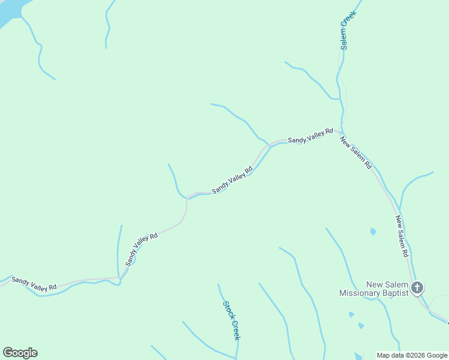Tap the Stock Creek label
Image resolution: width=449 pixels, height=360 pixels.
(232, 320)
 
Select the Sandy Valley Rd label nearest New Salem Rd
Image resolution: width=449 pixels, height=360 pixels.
(310, 136)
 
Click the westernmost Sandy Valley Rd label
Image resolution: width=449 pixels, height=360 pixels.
(34, 284)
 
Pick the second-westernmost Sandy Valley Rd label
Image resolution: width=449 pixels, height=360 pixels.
(141, 249)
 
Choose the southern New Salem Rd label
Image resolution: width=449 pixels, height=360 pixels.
(402, 237)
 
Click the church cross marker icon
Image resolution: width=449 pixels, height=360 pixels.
(418, 288)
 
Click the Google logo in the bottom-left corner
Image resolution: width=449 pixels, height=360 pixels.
(20, 353)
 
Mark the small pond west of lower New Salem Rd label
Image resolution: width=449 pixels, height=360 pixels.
(373, 232)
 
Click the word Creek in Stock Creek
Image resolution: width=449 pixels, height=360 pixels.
(235, 328)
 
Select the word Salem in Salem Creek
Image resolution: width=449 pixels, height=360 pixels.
(345, 40)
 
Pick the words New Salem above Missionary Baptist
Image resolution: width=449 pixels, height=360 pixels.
(388, 284)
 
